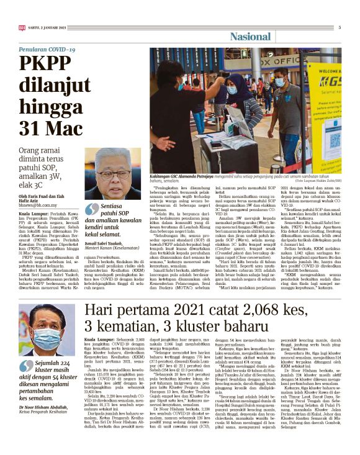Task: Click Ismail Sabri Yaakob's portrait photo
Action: pyautogui.click(x=113, y=173)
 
